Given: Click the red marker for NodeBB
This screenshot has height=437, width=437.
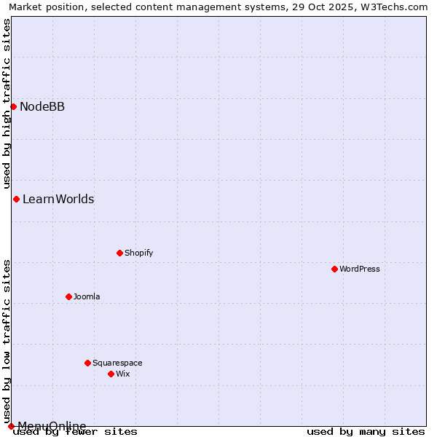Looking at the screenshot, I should [13, 107].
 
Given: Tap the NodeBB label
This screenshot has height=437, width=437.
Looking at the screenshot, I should [42, 107].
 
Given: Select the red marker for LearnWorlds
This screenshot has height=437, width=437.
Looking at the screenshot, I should [16, 200].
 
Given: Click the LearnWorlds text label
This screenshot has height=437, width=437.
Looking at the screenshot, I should [58, 200].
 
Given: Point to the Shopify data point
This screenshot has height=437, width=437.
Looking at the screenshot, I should [119, 253].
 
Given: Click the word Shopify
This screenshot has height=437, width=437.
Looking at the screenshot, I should [138, 253].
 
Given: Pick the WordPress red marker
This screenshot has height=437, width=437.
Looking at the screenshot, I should [334, 269].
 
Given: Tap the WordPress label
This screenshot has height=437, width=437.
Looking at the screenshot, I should [360, 269].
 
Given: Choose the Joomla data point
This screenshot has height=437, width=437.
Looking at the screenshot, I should [68, 297].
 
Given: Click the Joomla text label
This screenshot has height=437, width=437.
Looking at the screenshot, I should [87, 297].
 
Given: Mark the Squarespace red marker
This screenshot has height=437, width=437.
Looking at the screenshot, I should [87, 363].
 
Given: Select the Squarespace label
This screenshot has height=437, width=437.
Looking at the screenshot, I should [117, 363].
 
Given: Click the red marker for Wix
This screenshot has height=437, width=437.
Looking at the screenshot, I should [111, 374].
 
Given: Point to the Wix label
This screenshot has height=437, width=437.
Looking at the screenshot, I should [123, 374].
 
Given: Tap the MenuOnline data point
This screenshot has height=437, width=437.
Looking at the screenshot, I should [11, 426].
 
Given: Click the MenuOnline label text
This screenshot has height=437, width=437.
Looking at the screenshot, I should [52, 426].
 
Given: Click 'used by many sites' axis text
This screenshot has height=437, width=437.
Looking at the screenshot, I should [366, 432].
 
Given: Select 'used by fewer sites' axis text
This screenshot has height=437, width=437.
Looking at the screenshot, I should [76, 432].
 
